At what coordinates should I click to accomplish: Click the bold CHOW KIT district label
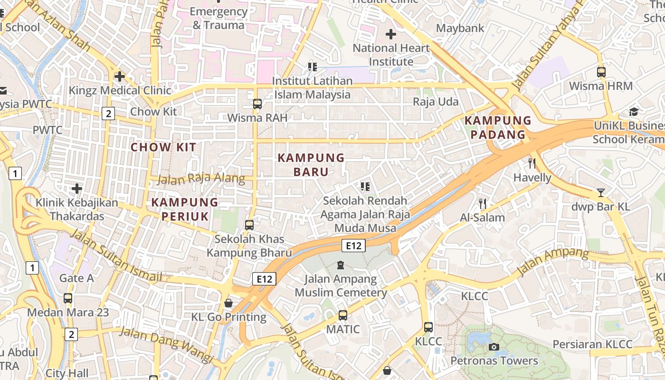(x=163, y=147)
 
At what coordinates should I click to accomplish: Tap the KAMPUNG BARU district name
(x=311, y=164)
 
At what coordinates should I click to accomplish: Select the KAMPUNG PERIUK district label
(x=185, y=209)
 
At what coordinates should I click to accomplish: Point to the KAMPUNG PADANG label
(x=498, y=127)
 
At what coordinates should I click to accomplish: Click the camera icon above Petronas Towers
(x=494, y=347)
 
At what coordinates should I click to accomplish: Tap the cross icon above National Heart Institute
(x=391, y=34)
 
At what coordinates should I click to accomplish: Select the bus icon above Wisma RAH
(x=257, y=104)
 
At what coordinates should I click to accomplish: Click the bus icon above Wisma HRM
(x=601, y=72)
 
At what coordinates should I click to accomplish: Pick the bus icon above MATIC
(x=343, y=315)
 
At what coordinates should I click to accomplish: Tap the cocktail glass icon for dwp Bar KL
(x=601, y=193)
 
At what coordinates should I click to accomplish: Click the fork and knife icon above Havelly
(x=532, y=163)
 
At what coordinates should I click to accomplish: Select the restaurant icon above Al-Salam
(x=483, y=204)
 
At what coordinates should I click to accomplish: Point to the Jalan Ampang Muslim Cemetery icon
(x=340, y=265)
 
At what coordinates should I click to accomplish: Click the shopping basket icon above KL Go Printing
(x=228, y=303)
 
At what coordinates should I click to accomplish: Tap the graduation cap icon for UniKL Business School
(x=634, y=112)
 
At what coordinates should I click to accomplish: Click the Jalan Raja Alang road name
(x=200, y=179)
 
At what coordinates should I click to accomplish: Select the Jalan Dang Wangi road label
(x=166, y=343)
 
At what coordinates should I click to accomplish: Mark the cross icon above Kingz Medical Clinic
(x=120, y=76)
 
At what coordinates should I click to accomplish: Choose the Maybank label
(x=460, y=28)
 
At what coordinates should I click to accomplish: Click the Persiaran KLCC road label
(x=592, y=344)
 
